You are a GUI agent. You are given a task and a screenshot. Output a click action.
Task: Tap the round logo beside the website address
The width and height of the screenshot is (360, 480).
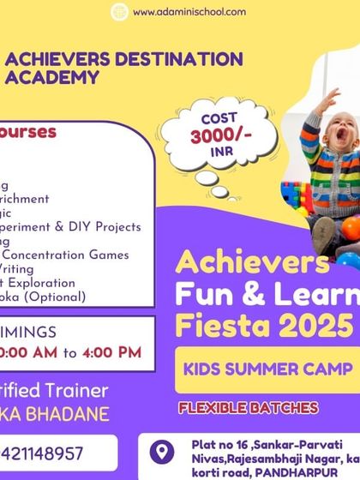[x=120, y=12]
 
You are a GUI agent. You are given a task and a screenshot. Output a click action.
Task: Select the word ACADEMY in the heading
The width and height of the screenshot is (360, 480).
[x=51, y=76]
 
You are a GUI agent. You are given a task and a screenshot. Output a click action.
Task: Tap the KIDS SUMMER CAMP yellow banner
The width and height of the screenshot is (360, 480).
[x=267, y=369]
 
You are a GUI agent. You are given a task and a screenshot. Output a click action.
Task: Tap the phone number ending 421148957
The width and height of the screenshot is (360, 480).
[x=43, y=453]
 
